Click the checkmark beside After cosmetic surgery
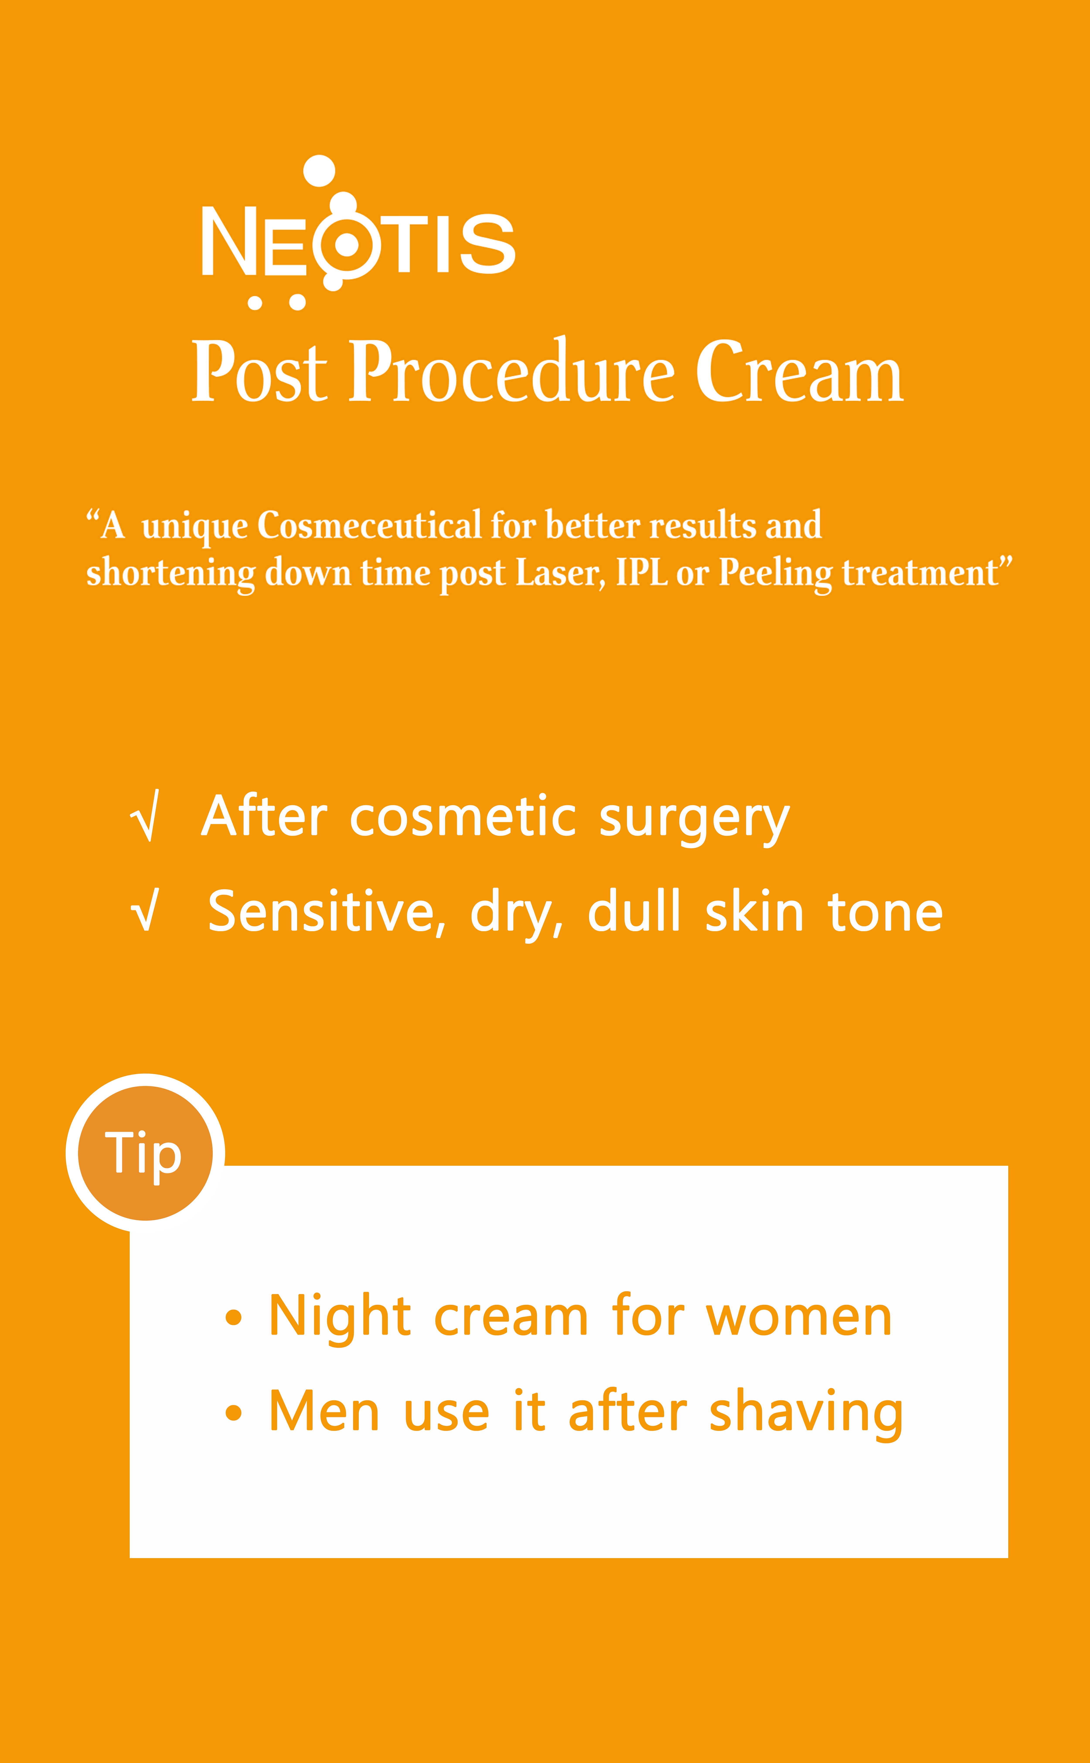pyautogui.click(x=145, y=815)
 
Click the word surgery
pyautogui.click(x=694, y=820)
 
